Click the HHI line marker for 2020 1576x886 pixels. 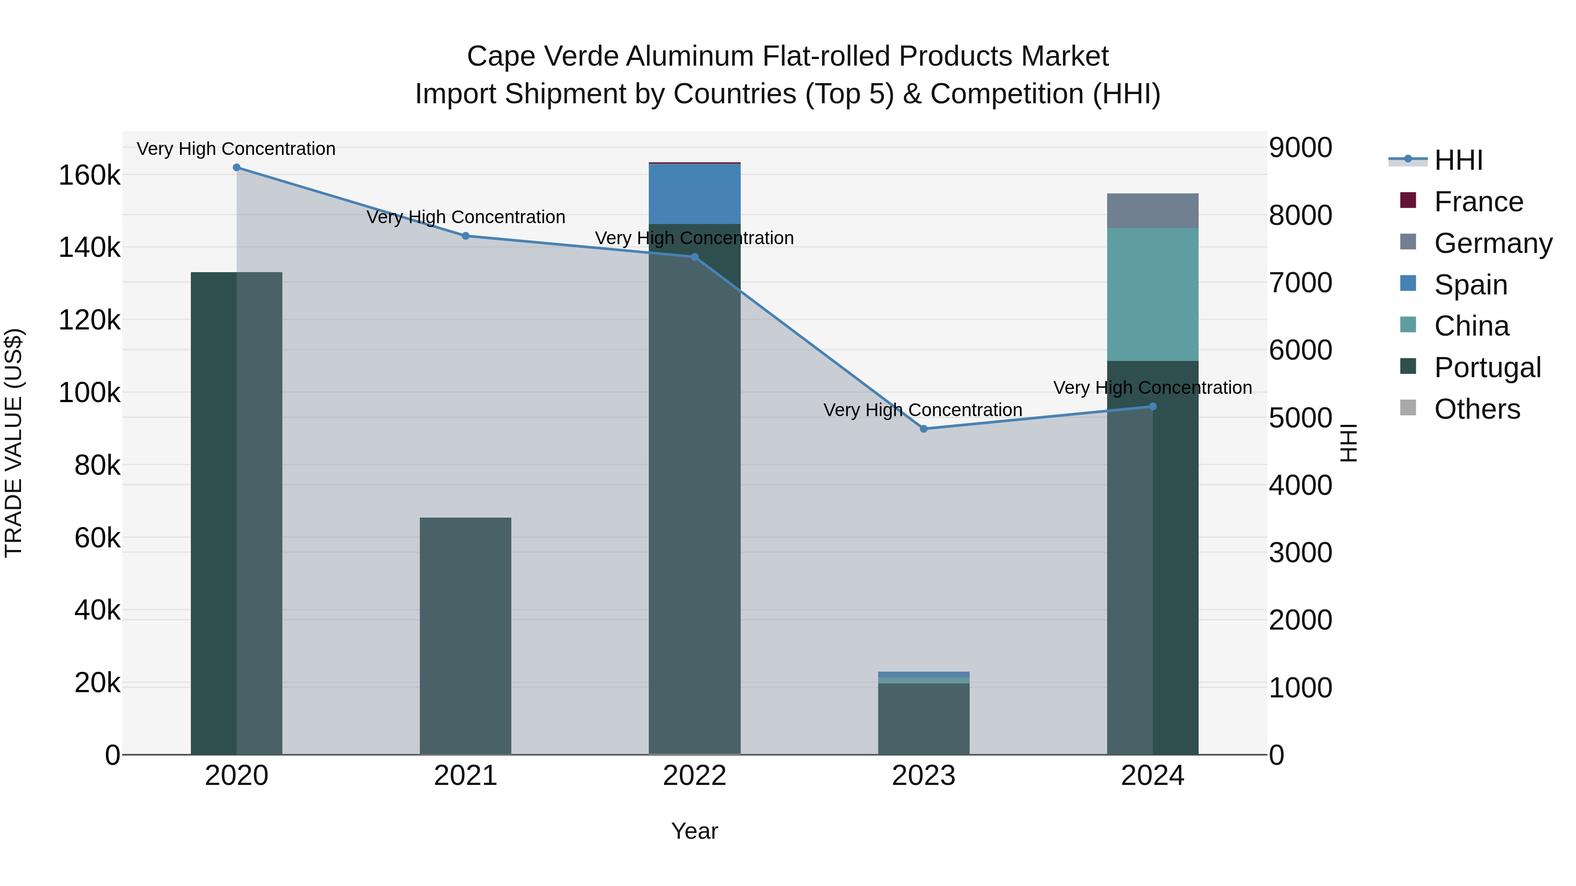pos(237,168)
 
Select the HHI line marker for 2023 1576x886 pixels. pos(924,429)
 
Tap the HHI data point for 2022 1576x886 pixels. pos(694,257)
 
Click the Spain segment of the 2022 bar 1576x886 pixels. pos(694,194)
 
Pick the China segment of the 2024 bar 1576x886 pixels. pos(1153,295)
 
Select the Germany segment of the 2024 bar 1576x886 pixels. pos(1153,211)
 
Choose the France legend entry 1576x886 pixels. pos(1478,202)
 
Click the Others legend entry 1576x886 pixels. pos(1477,409)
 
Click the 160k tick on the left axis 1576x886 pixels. pos(89,176)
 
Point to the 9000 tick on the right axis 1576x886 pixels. pos(1300,148)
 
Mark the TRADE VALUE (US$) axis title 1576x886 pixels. pos(14,443)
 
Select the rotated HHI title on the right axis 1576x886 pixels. pos(1348,443)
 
